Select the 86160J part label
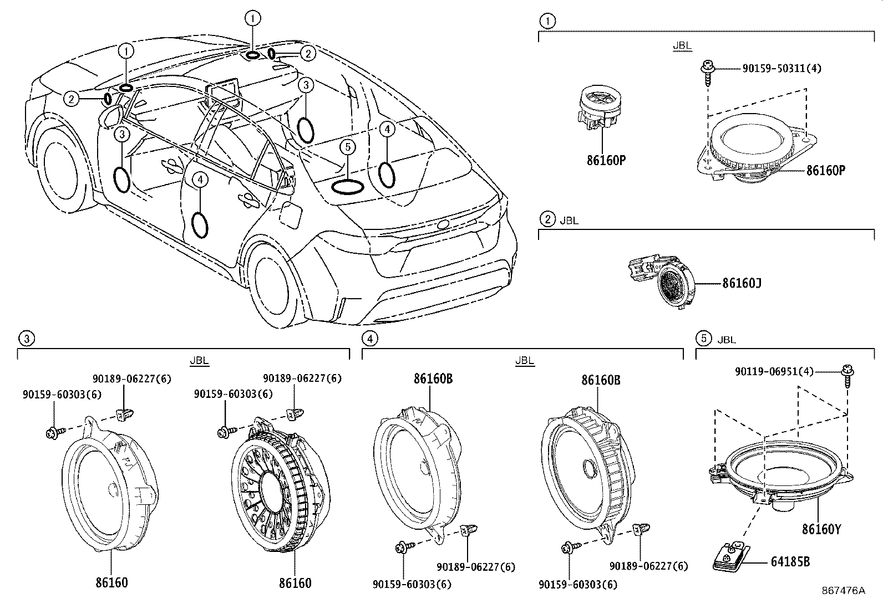click(741, 284)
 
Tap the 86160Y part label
click(821, 530)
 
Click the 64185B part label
click(790, 562)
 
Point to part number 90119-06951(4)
click(774, 372)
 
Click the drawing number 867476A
click(843, 591)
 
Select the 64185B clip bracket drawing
click(730, 556)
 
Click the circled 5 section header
click(703, 339)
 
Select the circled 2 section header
click(547, 219)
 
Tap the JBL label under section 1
click(682, 46)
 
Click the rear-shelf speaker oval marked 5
click(347, 187)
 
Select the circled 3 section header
click(26, 338)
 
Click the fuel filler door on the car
click(291, 216)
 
